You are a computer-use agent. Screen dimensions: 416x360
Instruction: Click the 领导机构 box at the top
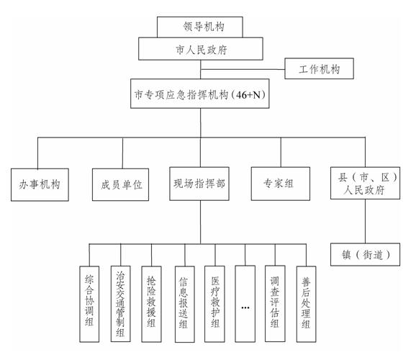[x=200, y=27]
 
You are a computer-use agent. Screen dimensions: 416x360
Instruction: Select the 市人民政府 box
[x=201, y=48]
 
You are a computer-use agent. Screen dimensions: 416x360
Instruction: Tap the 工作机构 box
[x=319, y=68]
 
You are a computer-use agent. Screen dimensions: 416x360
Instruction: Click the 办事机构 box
[x=40, y=184]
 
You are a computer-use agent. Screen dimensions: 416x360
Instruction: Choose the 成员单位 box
[x=120, y=184]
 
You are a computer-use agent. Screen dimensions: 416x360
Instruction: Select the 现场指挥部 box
[x=199, y=184]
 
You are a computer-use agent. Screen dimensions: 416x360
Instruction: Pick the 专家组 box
[x=281, y=184]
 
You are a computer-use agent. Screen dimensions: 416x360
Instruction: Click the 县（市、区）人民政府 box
[x=365, y=183]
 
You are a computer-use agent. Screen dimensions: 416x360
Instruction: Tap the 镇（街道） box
[x=365, y=254]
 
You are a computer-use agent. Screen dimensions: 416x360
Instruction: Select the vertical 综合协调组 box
[x=89, y=304]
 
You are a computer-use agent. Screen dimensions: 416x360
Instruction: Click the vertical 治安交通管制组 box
[x=120, y=304]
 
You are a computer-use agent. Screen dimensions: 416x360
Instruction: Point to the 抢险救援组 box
[x=151, y=304]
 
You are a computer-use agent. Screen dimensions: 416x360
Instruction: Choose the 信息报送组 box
[x=185, y=304]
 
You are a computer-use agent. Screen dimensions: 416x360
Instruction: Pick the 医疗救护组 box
[x=214, y=304]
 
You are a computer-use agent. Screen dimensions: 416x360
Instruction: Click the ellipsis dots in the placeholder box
[x=245, y=307]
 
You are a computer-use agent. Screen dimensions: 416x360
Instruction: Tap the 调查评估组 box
[x=275, y=303]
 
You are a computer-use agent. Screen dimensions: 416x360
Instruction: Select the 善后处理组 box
[x=306, y=304]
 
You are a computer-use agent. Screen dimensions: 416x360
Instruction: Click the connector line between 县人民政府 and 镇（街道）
[x=366, y=221]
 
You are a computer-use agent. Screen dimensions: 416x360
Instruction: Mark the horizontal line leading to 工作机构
[x=243, y=70]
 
